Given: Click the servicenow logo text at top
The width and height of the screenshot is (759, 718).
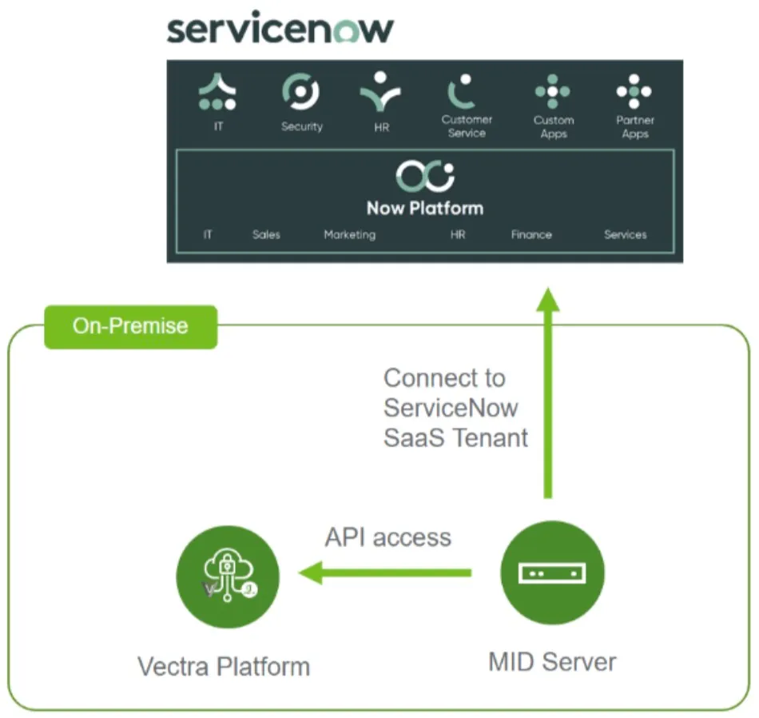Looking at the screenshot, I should click(x=280, y=29).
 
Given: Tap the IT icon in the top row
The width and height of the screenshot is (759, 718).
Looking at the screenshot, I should click(x=217, y=92).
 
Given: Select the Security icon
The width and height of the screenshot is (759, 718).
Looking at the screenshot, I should click(x=301, y=91).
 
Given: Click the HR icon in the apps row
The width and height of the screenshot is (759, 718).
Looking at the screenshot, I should click(x=381, y=92).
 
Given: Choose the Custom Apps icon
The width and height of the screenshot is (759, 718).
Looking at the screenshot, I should click(x=553, y=92).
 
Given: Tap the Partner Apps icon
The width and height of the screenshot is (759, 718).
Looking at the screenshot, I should click(x=634, y=92).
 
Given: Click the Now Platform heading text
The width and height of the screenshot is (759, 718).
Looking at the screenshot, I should click(x=424, y=209).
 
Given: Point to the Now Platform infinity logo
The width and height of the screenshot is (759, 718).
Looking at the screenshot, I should click(x=424, y=177).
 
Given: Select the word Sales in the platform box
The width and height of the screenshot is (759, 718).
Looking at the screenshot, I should click(x=266, y=235).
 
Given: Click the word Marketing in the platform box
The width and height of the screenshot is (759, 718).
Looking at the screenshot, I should click(x=349, y=235).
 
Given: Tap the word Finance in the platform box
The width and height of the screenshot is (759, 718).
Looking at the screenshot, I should click(x=531, y=235).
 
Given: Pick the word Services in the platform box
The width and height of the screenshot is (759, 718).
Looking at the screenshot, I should click(x=625, y=235).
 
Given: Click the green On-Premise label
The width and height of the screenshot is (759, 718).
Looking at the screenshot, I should click(x=130, y=326).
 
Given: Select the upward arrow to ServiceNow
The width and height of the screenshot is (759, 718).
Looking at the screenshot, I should click(x=548, y=392).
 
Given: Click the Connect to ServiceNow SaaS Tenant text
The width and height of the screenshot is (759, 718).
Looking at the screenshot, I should click(x=455, y=408).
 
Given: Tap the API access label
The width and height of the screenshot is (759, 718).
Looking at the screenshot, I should click(x=387, y=537).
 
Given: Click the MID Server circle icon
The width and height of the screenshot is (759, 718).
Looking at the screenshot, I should click(x=552, y=574).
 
